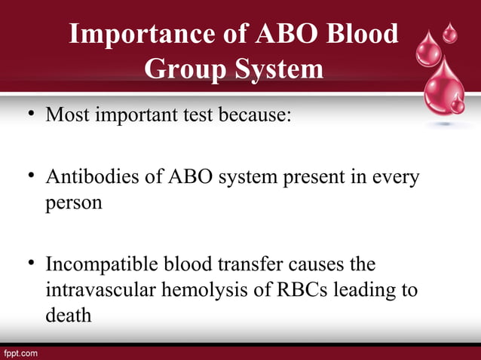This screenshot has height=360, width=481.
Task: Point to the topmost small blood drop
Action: (450, 32)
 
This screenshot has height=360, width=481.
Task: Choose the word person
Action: (74, 204)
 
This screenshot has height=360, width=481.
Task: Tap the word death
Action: (68, 315)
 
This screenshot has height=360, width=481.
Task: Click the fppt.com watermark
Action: (20, 352)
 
